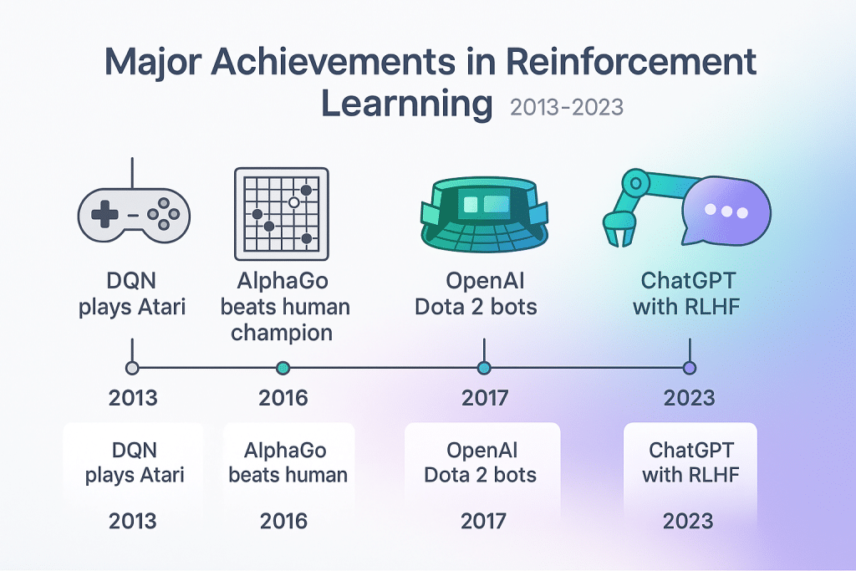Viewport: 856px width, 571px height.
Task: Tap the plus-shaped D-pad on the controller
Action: tap(104, 215)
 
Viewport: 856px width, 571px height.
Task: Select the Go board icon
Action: tap(282, 214)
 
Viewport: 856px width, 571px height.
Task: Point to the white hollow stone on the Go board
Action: tap(293, 202)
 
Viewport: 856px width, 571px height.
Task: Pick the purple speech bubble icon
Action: tap(723, 212)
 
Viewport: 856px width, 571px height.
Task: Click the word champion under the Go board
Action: tap(282, 333)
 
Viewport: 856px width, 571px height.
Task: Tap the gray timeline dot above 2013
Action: tap(131, 368)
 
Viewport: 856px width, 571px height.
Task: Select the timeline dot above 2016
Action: tap(283, 368)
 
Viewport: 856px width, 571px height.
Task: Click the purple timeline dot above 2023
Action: tap(689, 368)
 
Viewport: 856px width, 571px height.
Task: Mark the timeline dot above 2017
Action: tap(483, 368)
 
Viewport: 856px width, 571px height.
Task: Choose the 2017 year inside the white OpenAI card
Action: tap(483, 522)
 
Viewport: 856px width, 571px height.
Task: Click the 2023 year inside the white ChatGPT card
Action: tap(689, 522)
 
